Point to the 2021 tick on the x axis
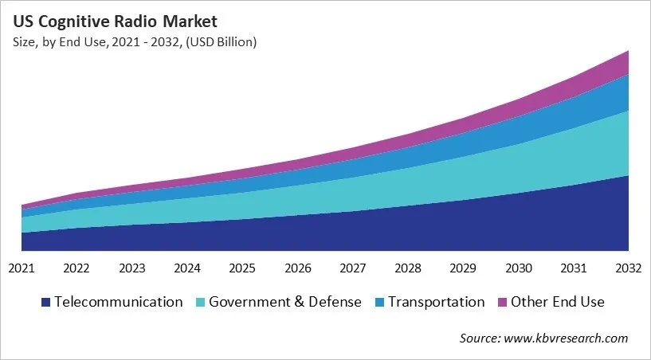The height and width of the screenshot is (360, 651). [x=22, y=268]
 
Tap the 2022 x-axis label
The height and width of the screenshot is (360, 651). [x=77, y=268]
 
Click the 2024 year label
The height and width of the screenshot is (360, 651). [x=187, y=268]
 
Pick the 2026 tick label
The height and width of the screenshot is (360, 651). [x=298, y=268]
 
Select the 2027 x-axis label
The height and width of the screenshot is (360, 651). [x=353, y=268]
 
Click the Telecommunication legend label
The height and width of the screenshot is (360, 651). [x=119, y=302]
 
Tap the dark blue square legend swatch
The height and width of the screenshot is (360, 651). [x=46, y=303]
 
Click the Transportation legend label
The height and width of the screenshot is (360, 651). [x=435, y=302]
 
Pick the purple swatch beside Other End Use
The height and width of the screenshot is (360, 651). [x=503, y=303]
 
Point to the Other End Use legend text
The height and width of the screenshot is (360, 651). [x=558, y=302]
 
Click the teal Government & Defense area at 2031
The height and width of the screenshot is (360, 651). [x=574, y=155]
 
